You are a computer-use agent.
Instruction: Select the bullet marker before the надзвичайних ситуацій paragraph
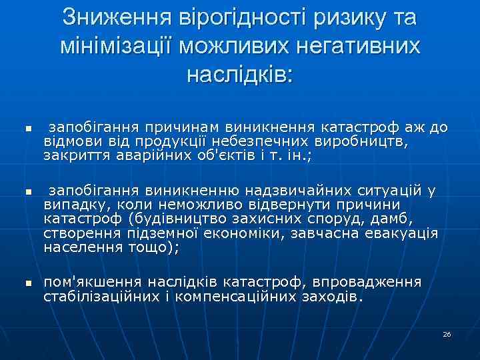click(29, 191)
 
